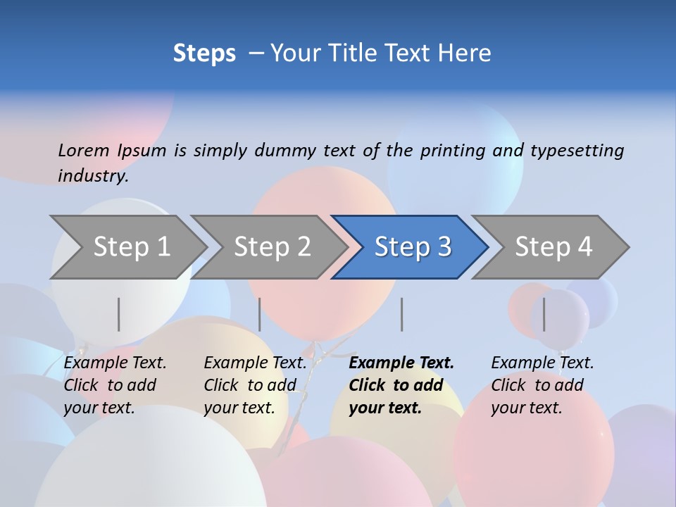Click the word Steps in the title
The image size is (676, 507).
click(204, 54)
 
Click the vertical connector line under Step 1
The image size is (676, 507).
click(119, 314)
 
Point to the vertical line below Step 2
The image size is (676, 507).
click(260, 314)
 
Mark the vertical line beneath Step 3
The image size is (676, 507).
click(402, 314)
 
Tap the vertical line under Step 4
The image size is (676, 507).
click(544, 314)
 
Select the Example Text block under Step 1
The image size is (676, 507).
click(114, 385)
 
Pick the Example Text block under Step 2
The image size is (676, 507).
click(254, 385)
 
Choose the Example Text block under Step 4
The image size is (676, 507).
click(542, 385)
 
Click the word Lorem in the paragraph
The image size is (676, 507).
click(83, 151)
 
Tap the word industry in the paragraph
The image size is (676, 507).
click(92, 176)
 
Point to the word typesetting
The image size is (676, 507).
click(577, 151)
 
